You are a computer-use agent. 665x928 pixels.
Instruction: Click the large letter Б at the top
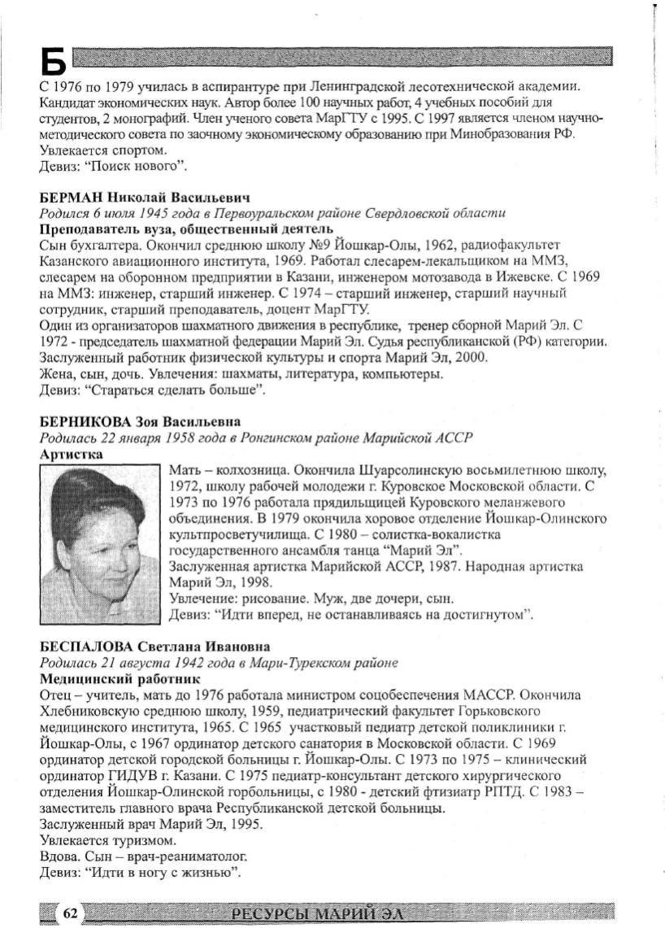51,60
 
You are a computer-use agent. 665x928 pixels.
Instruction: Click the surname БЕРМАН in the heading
69,198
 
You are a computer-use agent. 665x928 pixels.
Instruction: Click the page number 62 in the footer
70,913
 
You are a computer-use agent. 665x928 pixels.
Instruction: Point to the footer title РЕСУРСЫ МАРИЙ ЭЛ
318,914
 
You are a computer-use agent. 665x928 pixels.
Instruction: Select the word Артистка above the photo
71,455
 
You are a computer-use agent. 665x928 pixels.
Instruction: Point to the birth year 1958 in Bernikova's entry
172,438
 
